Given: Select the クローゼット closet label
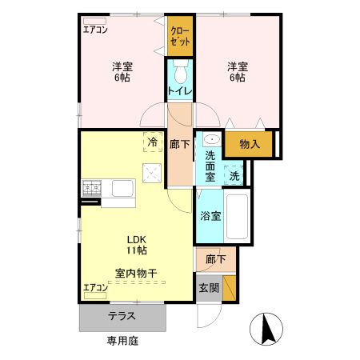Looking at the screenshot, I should (x=180, y=36).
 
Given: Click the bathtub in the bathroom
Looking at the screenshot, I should (x=238, y=217).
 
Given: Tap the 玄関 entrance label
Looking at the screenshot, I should (x=207, y=287).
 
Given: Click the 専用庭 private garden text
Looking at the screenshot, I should (x=122, y=341).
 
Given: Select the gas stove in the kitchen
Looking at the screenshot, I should (x=90, y=189).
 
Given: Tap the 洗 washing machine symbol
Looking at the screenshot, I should (x=234, y=174).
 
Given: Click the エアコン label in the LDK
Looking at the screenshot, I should (x=95, y=287).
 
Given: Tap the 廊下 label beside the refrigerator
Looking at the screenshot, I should (x=180, y=145).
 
